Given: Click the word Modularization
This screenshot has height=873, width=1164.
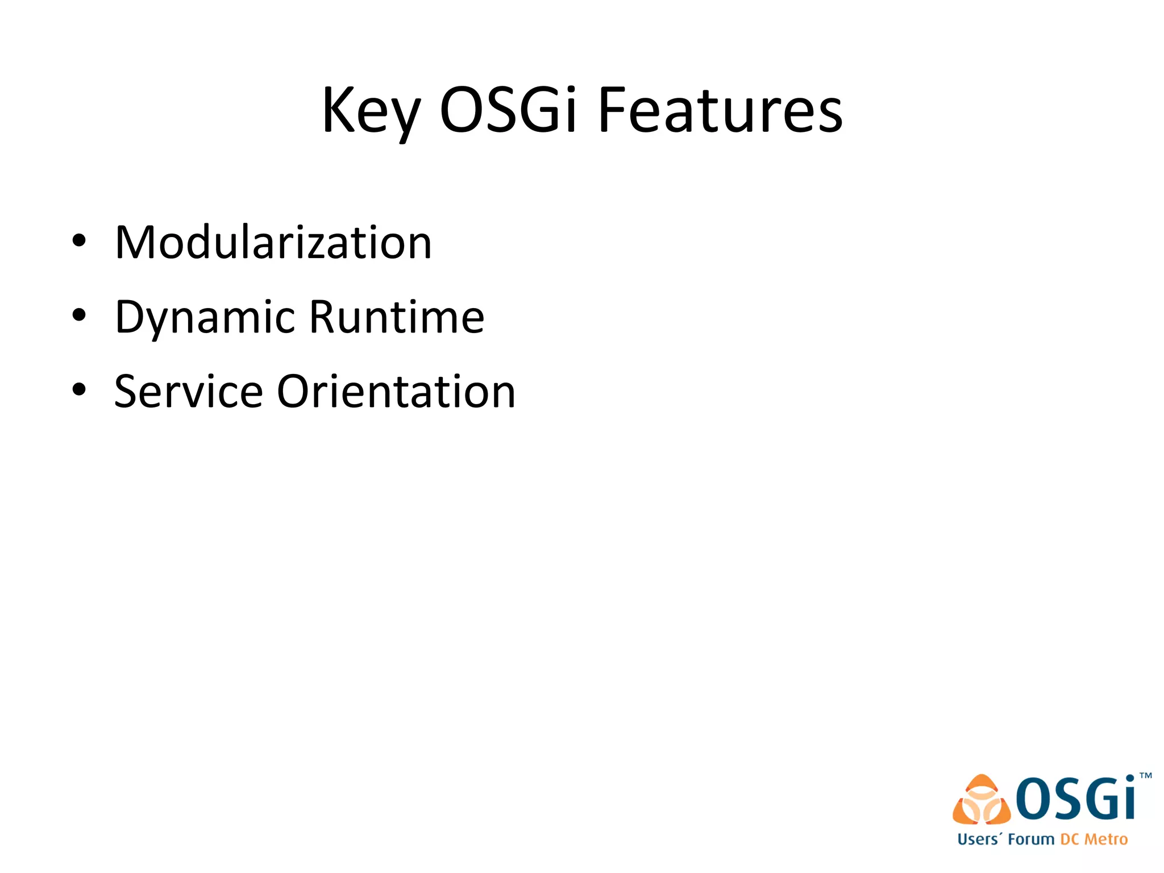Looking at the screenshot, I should (x=273, y=243).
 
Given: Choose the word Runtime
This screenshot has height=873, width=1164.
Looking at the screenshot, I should (x=397, y=317).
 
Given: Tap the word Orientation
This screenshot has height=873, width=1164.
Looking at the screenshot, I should (x=396, y=392).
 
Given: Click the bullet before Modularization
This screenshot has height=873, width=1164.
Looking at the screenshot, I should (x=79, y=241).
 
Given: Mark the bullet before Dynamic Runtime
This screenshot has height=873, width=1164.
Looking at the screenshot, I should (x=79, y=315).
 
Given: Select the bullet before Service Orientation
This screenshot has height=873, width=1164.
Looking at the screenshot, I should (x=79, y=390).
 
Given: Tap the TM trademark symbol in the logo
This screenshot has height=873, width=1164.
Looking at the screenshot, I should (x=1146, y=775).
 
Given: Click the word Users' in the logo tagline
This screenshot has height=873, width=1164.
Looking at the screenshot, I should (x=979, y=839).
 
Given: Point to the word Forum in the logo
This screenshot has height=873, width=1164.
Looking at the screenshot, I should (x=1031, y=839).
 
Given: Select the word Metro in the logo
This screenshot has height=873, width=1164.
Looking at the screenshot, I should (x=1106, y=839).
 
